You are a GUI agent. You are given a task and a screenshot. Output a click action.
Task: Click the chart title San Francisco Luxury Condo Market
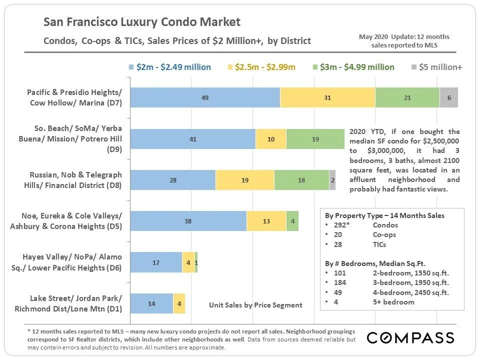click(142, 22)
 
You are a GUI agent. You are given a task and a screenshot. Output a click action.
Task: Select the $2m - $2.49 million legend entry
click(170, 67)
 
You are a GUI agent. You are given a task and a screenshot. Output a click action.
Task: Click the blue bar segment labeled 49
click(205, 97)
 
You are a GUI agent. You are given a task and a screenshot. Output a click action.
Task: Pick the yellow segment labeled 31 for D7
click(327, 97)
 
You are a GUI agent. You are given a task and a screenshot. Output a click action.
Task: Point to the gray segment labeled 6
click(449, 97)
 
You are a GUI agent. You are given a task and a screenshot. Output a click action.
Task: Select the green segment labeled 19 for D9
click(315, 139)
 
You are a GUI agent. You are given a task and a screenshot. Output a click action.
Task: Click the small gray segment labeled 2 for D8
click(332, 180)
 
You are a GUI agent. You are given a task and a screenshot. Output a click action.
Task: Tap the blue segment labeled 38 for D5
click(188, 221)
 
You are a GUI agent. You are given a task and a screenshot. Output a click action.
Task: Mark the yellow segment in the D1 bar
click(179, 303)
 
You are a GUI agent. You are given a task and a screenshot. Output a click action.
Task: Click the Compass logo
click(410, 338)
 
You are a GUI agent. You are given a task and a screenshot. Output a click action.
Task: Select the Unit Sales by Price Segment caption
click(255, 304)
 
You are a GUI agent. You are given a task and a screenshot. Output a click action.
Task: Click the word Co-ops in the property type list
click(384, 235)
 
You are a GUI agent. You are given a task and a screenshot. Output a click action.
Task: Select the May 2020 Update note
click(404, 40)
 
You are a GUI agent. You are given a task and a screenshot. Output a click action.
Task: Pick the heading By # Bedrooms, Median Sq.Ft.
click(381, 263)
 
